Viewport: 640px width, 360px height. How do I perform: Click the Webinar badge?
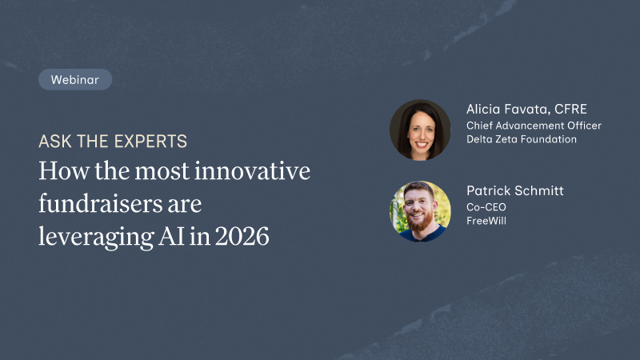[x=74, y=79]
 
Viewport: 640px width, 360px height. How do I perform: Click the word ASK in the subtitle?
[x=54, y=142]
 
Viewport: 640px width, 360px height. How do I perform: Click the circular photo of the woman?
[x=420, y=130]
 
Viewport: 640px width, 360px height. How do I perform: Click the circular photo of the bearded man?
[x=420, y=210]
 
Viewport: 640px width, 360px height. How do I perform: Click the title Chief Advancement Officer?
[x=534, y=126]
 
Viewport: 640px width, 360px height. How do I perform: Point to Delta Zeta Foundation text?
[x=522, y=139]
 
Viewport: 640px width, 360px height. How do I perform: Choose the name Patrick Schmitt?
[x=516, y=191]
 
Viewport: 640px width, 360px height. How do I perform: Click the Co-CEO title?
[x=486, y=207]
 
